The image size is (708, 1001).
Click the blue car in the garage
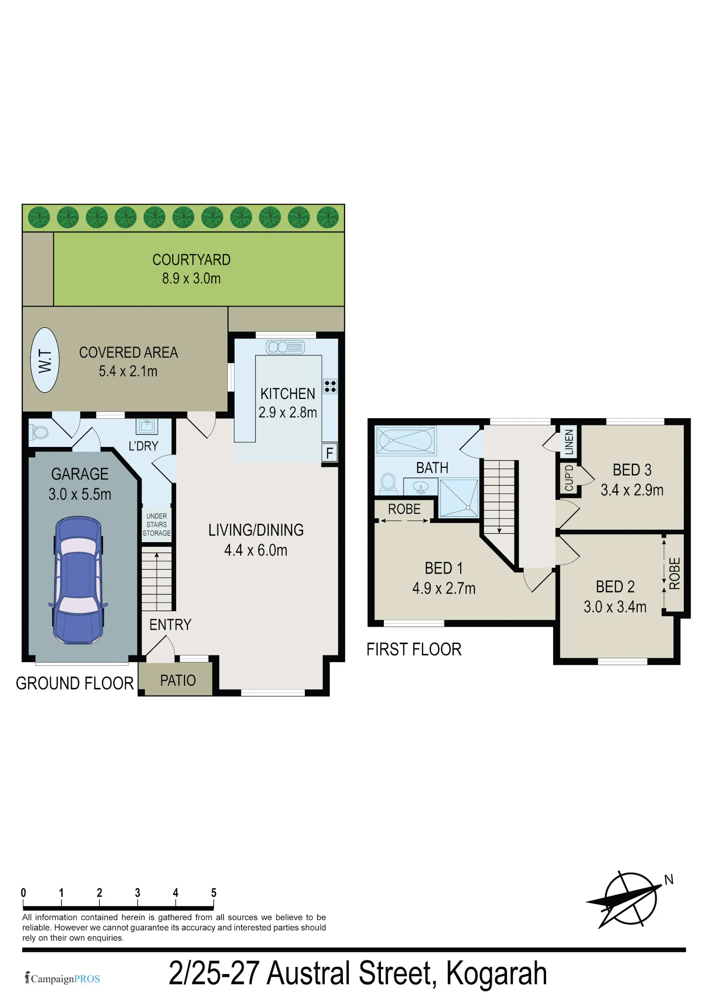tap(78, 580)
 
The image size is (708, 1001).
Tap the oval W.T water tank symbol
tap(45, 360)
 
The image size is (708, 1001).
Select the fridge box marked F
tap(329, 453)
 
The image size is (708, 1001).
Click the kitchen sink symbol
tap(286, 347)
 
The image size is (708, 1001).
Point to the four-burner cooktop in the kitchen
tap(330, 386)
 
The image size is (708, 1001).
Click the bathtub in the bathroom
tap(405, 440)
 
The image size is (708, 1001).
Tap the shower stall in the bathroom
tap(459, 498)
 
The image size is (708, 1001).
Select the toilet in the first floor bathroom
tap(388, 482)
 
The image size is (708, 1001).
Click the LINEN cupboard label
tap(569, 442)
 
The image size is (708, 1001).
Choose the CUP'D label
tap(569, 478)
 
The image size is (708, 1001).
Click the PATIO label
tap(178, 680)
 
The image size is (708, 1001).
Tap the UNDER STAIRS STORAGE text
tap(157, 525)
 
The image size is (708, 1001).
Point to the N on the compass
tap(669, 880)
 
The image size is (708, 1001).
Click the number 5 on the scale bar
tap(214, 893)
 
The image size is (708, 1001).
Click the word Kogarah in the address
tap(497, 974)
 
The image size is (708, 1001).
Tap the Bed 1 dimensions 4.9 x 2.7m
tap(444, 588)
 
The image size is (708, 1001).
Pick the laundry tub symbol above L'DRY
tap(147, 426)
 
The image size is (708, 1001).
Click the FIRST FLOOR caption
tap(414, 650)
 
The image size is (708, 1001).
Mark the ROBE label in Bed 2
tap(674, 573)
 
